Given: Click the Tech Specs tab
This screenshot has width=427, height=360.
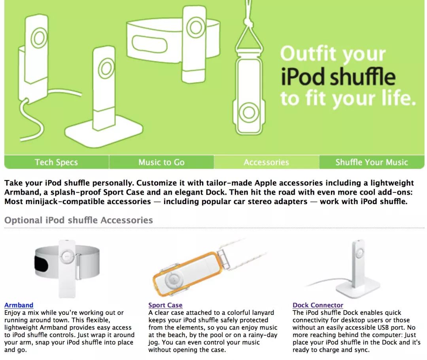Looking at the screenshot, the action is pos(57,162).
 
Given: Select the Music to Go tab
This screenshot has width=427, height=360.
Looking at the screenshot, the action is pos(161,162).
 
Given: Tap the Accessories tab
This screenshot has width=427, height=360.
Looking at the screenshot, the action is pos(266,162).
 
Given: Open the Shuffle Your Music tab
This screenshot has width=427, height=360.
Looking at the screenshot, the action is pos(372,162).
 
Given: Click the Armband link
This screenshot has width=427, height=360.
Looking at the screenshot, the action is pos(19,305).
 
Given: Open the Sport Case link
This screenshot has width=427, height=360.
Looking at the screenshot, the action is pos(165,305).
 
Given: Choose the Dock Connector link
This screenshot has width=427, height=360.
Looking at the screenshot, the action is pos(318,305).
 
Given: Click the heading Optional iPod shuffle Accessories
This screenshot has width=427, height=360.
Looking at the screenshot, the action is pos(79,220).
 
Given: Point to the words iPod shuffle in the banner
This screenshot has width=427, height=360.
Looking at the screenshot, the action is pos(338,77).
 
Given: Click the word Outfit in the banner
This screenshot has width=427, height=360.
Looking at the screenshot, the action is pos(308,53).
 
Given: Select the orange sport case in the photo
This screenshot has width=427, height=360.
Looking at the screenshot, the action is pos(185,274).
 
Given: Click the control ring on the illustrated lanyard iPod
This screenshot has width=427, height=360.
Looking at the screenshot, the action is pos(249,112).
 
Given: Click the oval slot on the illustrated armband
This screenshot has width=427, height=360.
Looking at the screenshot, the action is pos(149,45).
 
